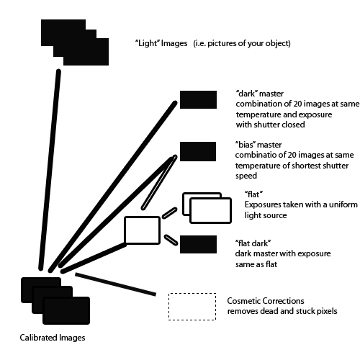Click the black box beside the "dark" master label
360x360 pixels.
[197, 99]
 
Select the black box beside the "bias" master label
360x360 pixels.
[197, 151]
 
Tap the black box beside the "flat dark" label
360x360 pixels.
[197, 244]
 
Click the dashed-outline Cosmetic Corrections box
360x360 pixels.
[192, 305]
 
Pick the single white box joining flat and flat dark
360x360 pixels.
[142, 230]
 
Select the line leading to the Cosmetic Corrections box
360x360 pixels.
[115, 284]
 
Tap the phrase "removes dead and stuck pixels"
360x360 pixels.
[282, 311]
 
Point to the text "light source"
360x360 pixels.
[267, 215]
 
